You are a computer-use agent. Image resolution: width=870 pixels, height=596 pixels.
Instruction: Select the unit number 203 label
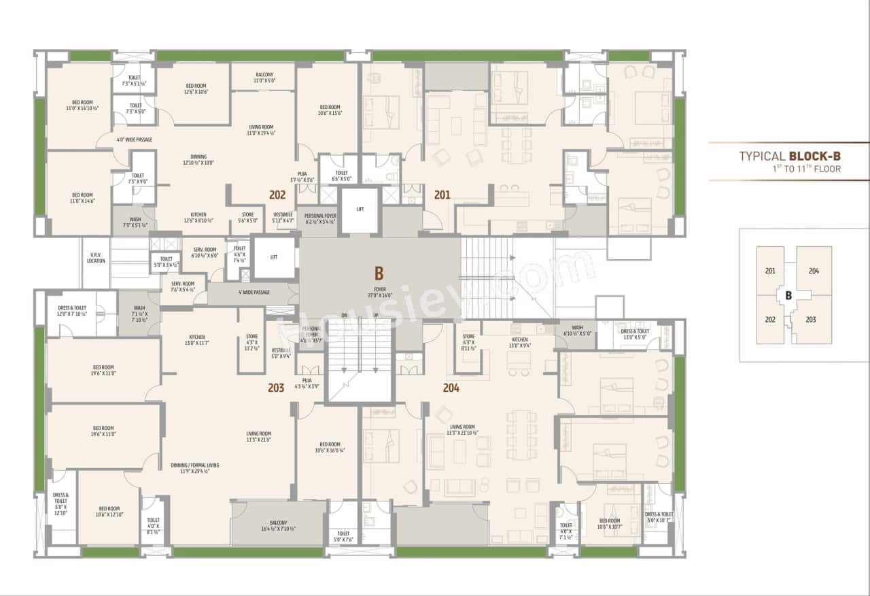276,388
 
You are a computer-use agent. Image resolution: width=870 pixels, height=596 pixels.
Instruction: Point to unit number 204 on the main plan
451,388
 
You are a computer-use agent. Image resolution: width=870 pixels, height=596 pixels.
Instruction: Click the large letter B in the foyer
379,274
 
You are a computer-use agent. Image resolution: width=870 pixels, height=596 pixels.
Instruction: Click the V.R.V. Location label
96,258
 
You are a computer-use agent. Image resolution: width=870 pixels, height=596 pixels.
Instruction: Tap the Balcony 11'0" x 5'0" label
264,77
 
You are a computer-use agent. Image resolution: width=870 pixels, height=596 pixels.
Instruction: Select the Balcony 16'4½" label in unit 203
278,525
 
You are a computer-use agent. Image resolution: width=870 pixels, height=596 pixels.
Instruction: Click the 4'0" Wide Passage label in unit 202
134,139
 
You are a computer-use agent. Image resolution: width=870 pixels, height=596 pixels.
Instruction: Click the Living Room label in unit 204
462,430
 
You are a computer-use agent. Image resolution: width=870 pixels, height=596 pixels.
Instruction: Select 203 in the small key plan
811,319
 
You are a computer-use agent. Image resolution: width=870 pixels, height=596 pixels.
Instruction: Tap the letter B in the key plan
788,295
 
